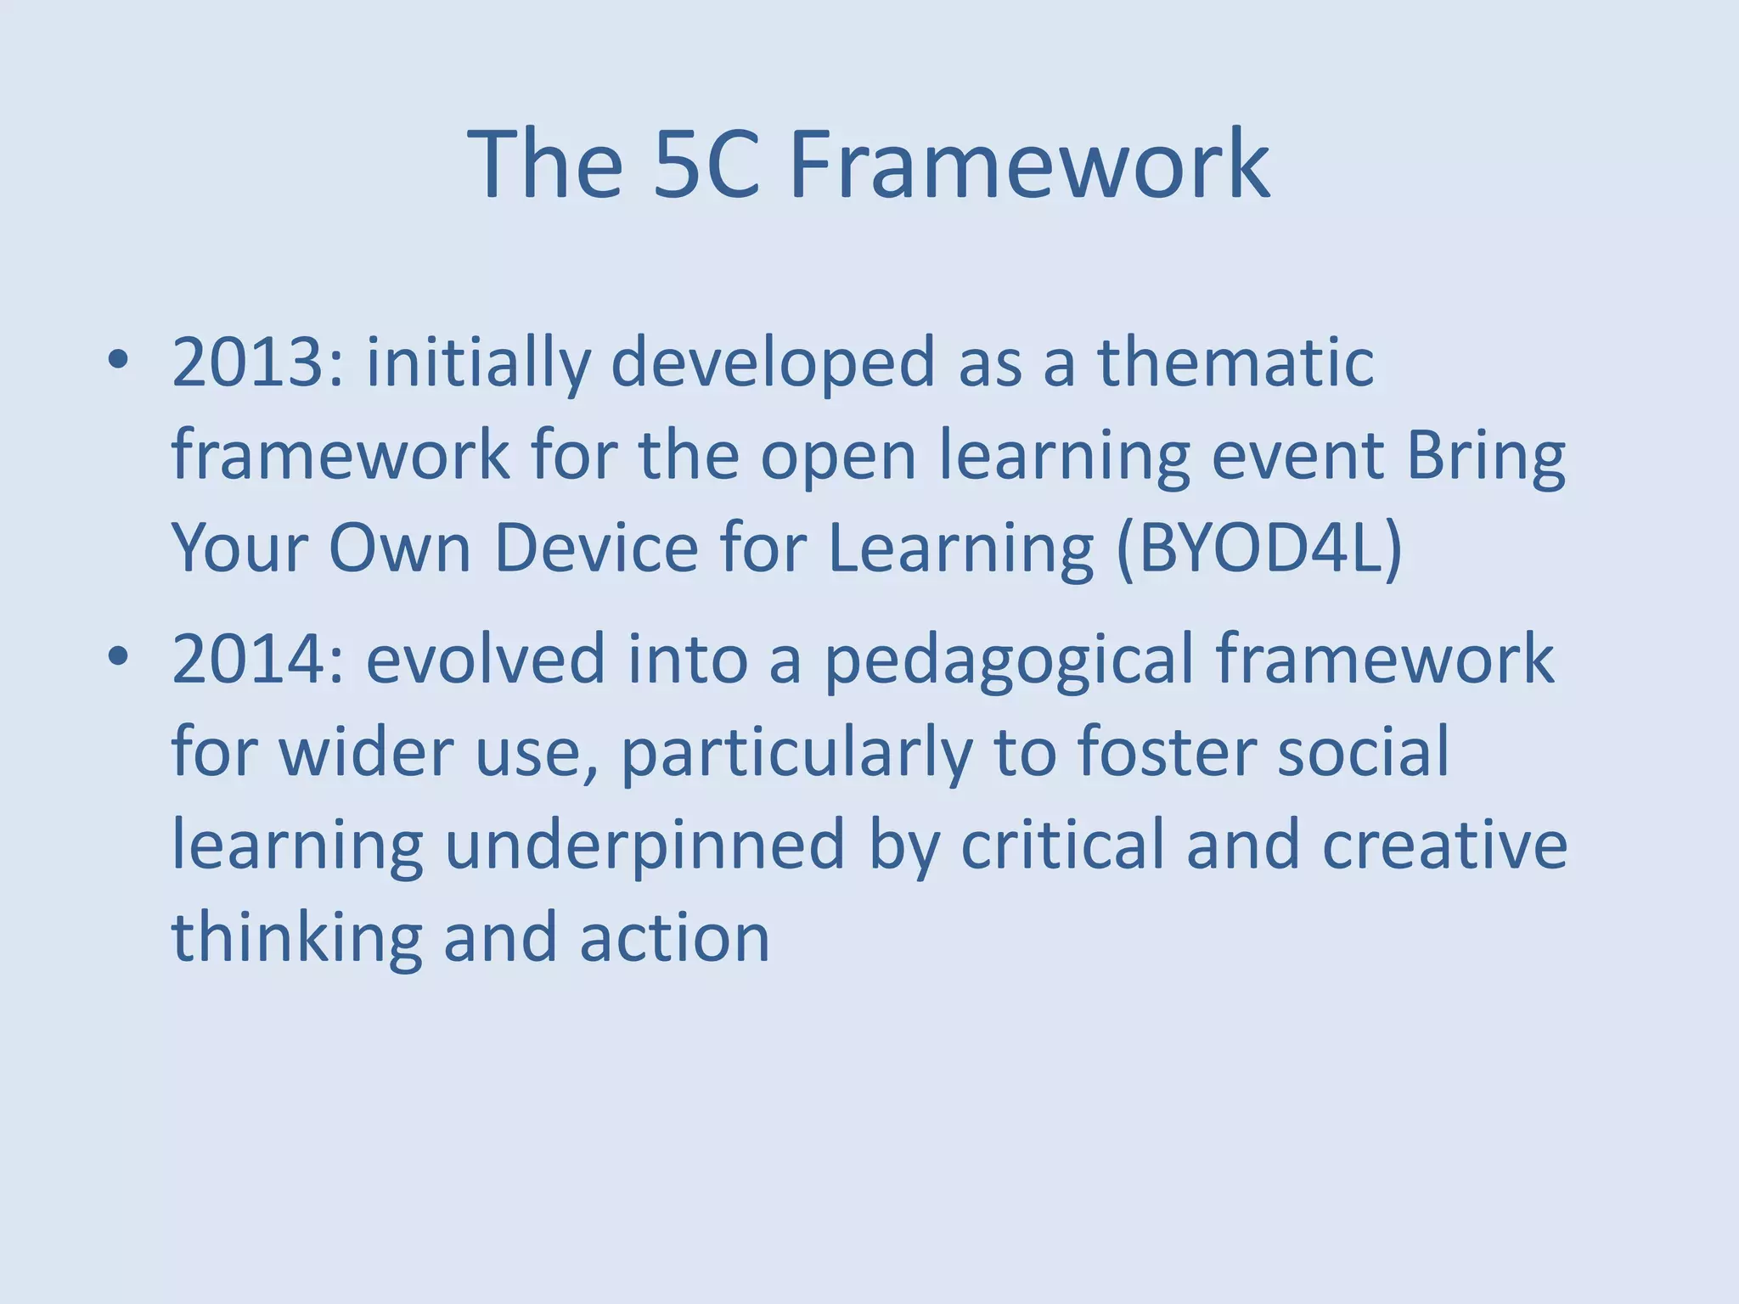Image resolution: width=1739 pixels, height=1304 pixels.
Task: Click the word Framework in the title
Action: [1029, 163]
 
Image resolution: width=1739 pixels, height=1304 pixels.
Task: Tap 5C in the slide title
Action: [706, 163]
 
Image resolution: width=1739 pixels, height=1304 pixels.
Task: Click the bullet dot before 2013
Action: [118, 362]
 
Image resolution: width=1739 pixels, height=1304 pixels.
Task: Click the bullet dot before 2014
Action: [118, 658]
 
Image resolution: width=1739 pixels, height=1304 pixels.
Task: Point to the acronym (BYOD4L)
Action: [1260, 548]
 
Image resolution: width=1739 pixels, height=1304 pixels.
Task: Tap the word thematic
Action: [1235, 362]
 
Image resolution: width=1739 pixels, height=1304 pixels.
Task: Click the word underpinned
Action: [644, 846]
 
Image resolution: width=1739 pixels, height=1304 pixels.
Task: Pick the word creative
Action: [1444, 846]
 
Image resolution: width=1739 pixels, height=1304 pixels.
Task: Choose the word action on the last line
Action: [674, 938]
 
